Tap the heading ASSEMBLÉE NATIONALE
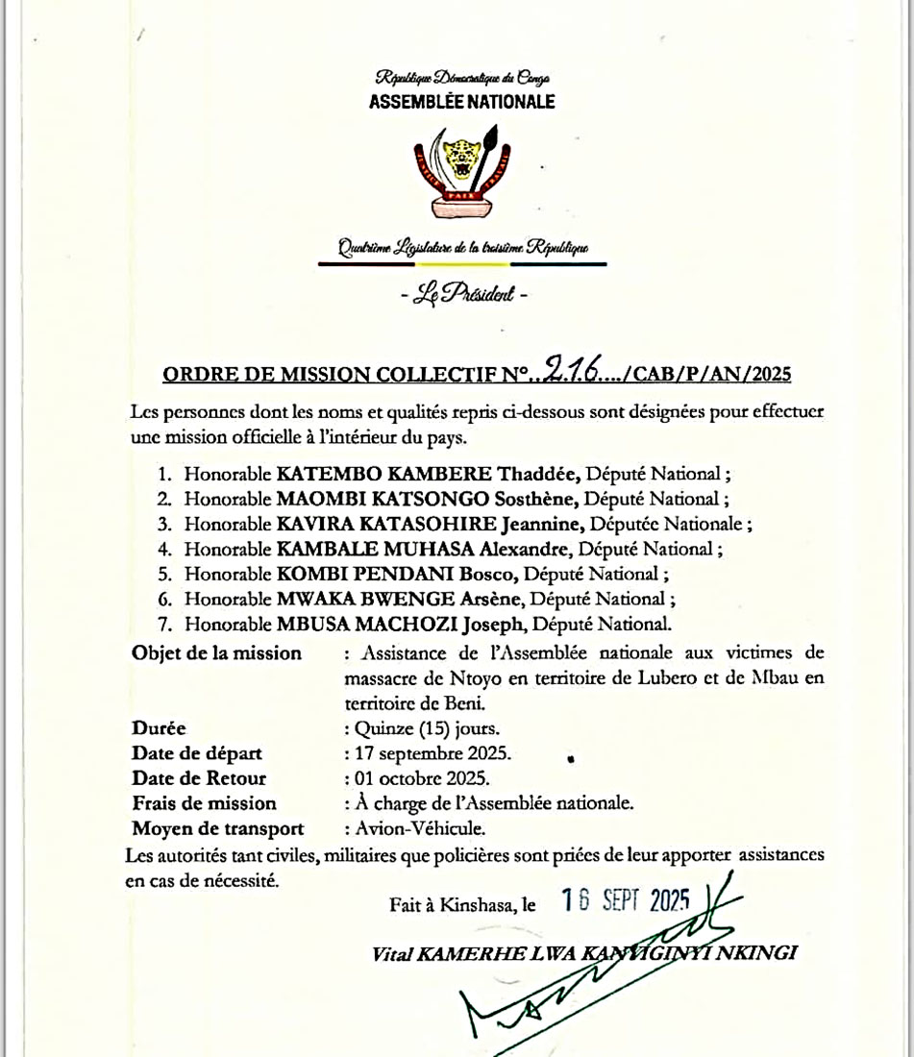point(461,102)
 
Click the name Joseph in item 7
point(496,624)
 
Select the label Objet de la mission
point(216,653)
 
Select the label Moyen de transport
point(218,828)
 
